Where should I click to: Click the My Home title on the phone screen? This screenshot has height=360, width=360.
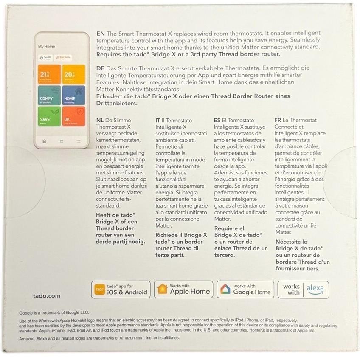coord(46,46)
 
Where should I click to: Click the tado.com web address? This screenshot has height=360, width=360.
coord(46,296)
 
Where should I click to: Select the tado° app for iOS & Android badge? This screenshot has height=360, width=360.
coord(121,290)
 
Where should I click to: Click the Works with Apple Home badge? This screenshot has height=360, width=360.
coord(183,290)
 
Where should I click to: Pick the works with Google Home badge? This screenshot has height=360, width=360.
coord(245,290)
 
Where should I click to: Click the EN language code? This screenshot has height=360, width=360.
coord(100,33)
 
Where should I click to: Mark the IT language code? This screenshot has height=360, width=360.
coord(157,120)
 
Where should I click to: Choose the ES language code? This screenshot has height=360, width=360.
coord(217,120)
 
